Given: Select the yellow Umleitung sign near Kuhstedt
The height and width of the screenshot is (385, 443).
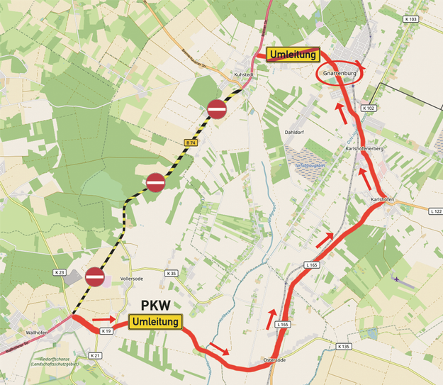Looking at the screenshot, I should [294, 55].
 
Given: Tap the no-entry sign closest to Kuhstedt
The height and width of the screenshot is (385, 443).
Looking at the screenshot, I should [217, 109].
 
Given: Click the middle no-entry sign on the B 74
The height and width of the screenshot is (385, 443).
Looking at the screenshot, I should [155, 183].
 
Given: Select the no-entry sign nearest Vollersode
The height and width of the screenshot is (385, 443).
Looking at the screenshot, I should [94, 277].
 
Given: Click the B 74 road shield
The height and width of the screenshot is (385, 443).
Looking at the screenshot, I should [189, 143].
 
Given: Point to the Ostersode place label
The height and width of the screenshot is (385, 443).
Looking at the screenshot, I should [273, 360].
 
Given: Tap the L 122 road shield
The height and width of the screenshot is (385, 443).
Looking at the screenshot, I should [435, 211].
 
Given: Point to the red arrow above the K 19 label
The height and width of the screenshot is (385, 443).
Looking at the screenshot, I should [102, 319].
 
